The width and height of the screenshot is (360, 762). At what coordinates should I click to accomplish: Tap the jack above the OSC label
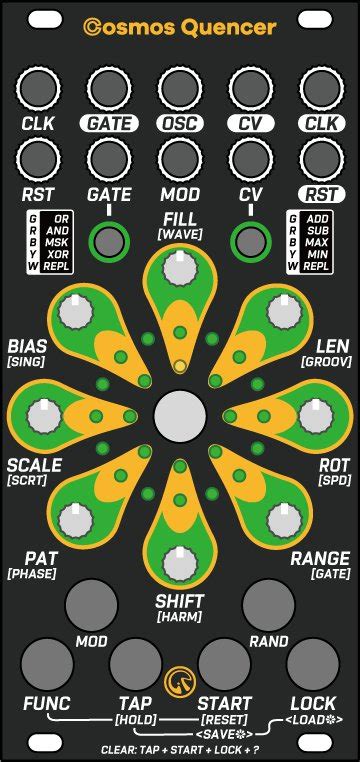point(180,88)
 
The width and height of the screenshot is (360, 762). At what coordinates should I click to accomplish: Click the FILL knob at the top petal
point(180,267)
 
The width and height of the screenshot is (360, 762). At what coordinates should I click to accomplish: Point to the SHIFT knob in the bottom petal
point(180,562)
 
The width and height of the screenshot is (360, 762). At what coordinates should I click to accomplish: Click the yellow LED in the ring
point(180,366)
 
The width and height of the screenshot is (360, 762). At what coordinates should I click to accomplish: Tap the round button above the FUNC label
point(47,661)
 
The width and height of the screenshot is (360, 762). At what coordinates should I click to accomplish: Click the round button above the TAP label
point(135,661)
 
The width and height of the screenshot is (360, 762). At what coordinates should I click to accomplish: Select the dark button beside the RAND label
point(268,605)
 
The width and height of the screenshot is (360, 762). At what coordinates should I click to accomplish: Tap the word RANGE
point(320,558)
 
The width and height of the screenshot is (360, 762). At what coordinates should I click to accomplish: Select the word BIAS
point(27,345)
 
